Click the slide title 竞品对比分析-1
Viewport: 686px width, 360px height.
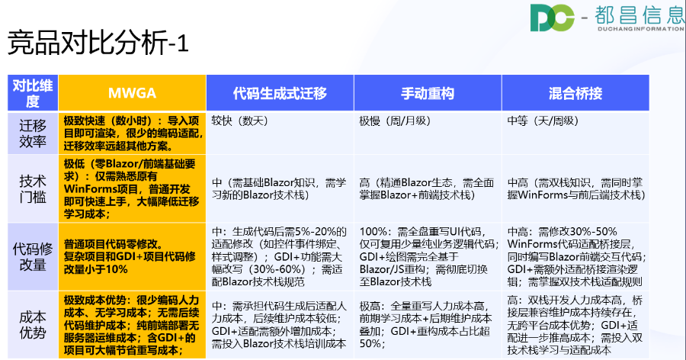[98, 43]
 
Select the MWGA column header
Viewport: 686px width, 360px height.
[132, 94]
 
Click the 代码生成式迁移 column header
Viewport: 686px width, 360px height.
[280, 94]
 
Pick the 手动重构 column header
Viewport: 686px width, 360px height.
[427, 94]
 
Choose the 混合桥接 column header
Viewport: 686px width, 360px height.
[575, 94]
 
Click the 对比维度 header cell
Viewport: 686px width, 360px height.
[32, 94]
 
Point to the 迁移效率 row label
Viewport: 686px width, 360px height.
[32, 133]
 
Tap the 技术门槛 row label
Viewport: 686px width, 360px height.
[32, 188]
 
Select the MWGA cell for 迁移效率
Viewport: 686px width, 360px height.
[131, 133]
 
